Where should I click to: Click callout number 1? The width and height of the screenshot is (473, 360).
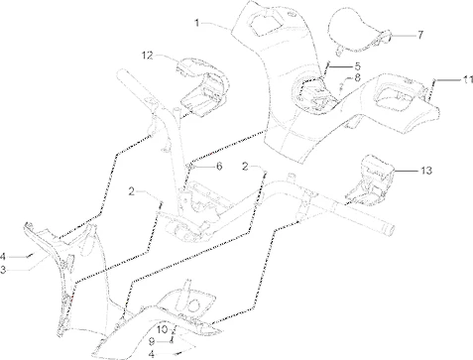[197, 22]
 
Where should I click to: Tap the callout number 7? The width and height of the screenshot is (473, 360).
[419, 35]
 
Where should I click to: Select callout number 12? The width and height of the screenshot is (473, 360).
[145, 55]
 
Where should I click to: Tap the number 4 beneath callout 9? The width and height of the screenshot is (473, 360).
[151, 352]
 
